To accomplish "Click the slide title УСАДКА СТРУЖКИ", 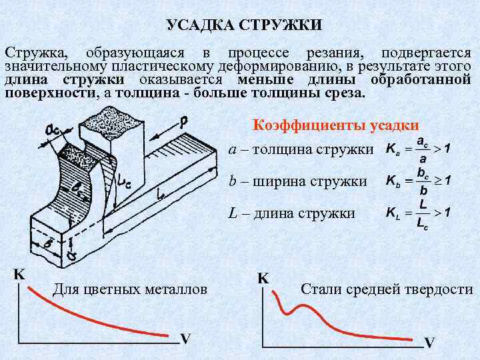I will click(244, 26).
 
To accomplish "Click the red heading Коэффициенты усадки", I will click(335, 125).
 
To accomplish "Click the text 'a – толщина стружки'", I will click(301, 150).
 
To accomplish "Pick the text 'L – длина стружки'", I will click(291, 213).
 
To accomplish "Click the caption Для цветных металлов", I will click(129, 289).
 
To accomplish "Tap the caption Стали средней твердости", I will click(387, 289).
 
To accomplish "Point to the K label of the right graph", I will click(263, 278).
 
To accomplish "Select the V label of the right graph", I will click(430, 343).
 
